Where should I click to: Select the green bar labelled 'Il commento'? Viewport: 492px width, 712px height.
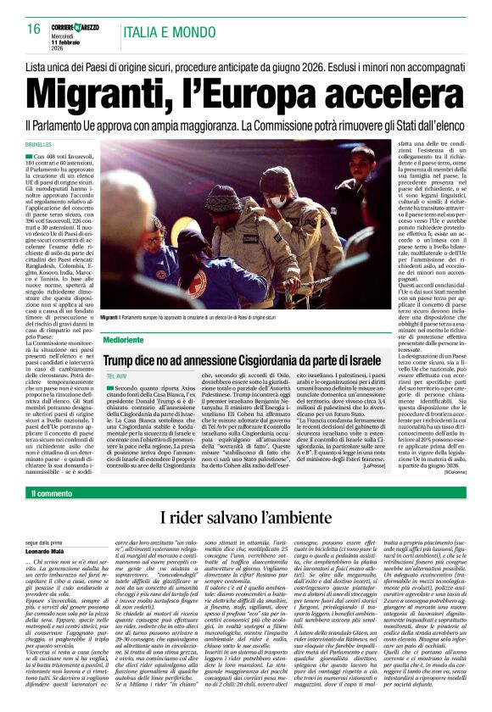52,493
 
